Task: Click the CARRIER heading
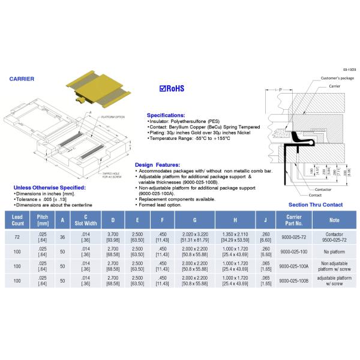tap(22, 79)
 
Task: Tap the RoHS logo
tap(172, 88)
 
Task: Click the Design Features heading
tap(157, 164)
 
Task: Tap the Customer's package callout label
tap(337, 79)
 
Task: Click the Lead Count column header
tap(16, 218)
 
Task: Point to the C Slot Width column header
tap(86, 218)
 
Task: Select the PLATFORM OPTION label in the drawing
tap(111, 117)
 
